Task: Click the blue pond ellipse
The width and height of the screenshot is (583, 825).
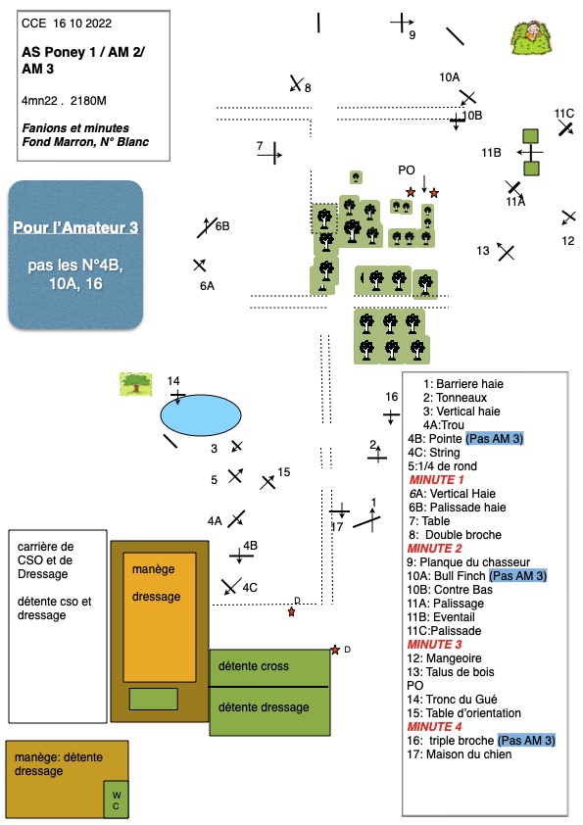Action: [201, 415]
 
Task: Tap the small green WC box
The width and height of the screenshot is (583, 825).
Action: [116, 800]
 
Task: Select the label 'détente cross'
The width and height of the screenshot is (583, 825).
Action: [254, 666]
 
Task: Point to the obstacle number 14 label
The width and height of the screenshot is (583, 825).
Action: [173, 380]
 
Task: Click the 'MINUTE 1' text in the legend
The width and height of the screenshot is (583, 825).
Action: [436, 480]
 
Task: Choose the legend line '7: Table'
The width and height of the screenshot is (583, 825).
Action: [429, 521]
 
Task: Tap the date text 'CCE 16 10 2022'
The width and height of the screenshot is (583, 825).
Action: [67, 24]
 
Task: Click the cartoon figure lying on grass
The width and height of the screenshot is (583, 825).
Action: [531, 37]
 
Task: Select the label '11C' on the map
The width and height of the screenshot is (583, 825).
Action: [564, 114]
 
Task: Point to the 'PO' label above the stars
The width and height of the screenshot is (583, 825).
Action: [407, 170]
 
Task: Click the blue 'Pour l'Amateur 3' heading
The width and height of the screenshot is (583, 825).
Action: [75, 227]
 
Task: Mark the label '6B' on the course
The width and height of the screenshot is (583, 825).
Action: [222, 225]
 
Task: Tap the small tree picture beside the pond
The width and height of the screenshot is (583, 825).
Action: [136, 384]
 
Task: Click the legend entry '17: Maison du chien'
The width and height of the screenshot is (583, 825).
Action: [459, 754]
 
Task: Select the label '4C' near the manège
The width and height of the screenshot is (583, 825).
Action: [250, 587]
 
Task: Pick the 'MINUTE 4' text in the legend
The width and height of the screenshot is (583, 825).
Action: [435, 727]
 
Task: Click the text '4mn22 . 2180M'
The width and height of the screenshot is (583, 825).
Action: [64, 101]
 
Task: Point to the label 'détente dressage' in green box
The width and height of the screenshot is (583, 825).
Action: [264, 707]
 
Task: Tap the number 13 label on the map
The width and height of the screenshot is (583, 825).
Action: [483, 251]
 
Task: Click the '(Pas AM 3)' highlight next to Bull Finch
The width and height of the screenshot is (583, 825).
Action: [518, 575]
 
